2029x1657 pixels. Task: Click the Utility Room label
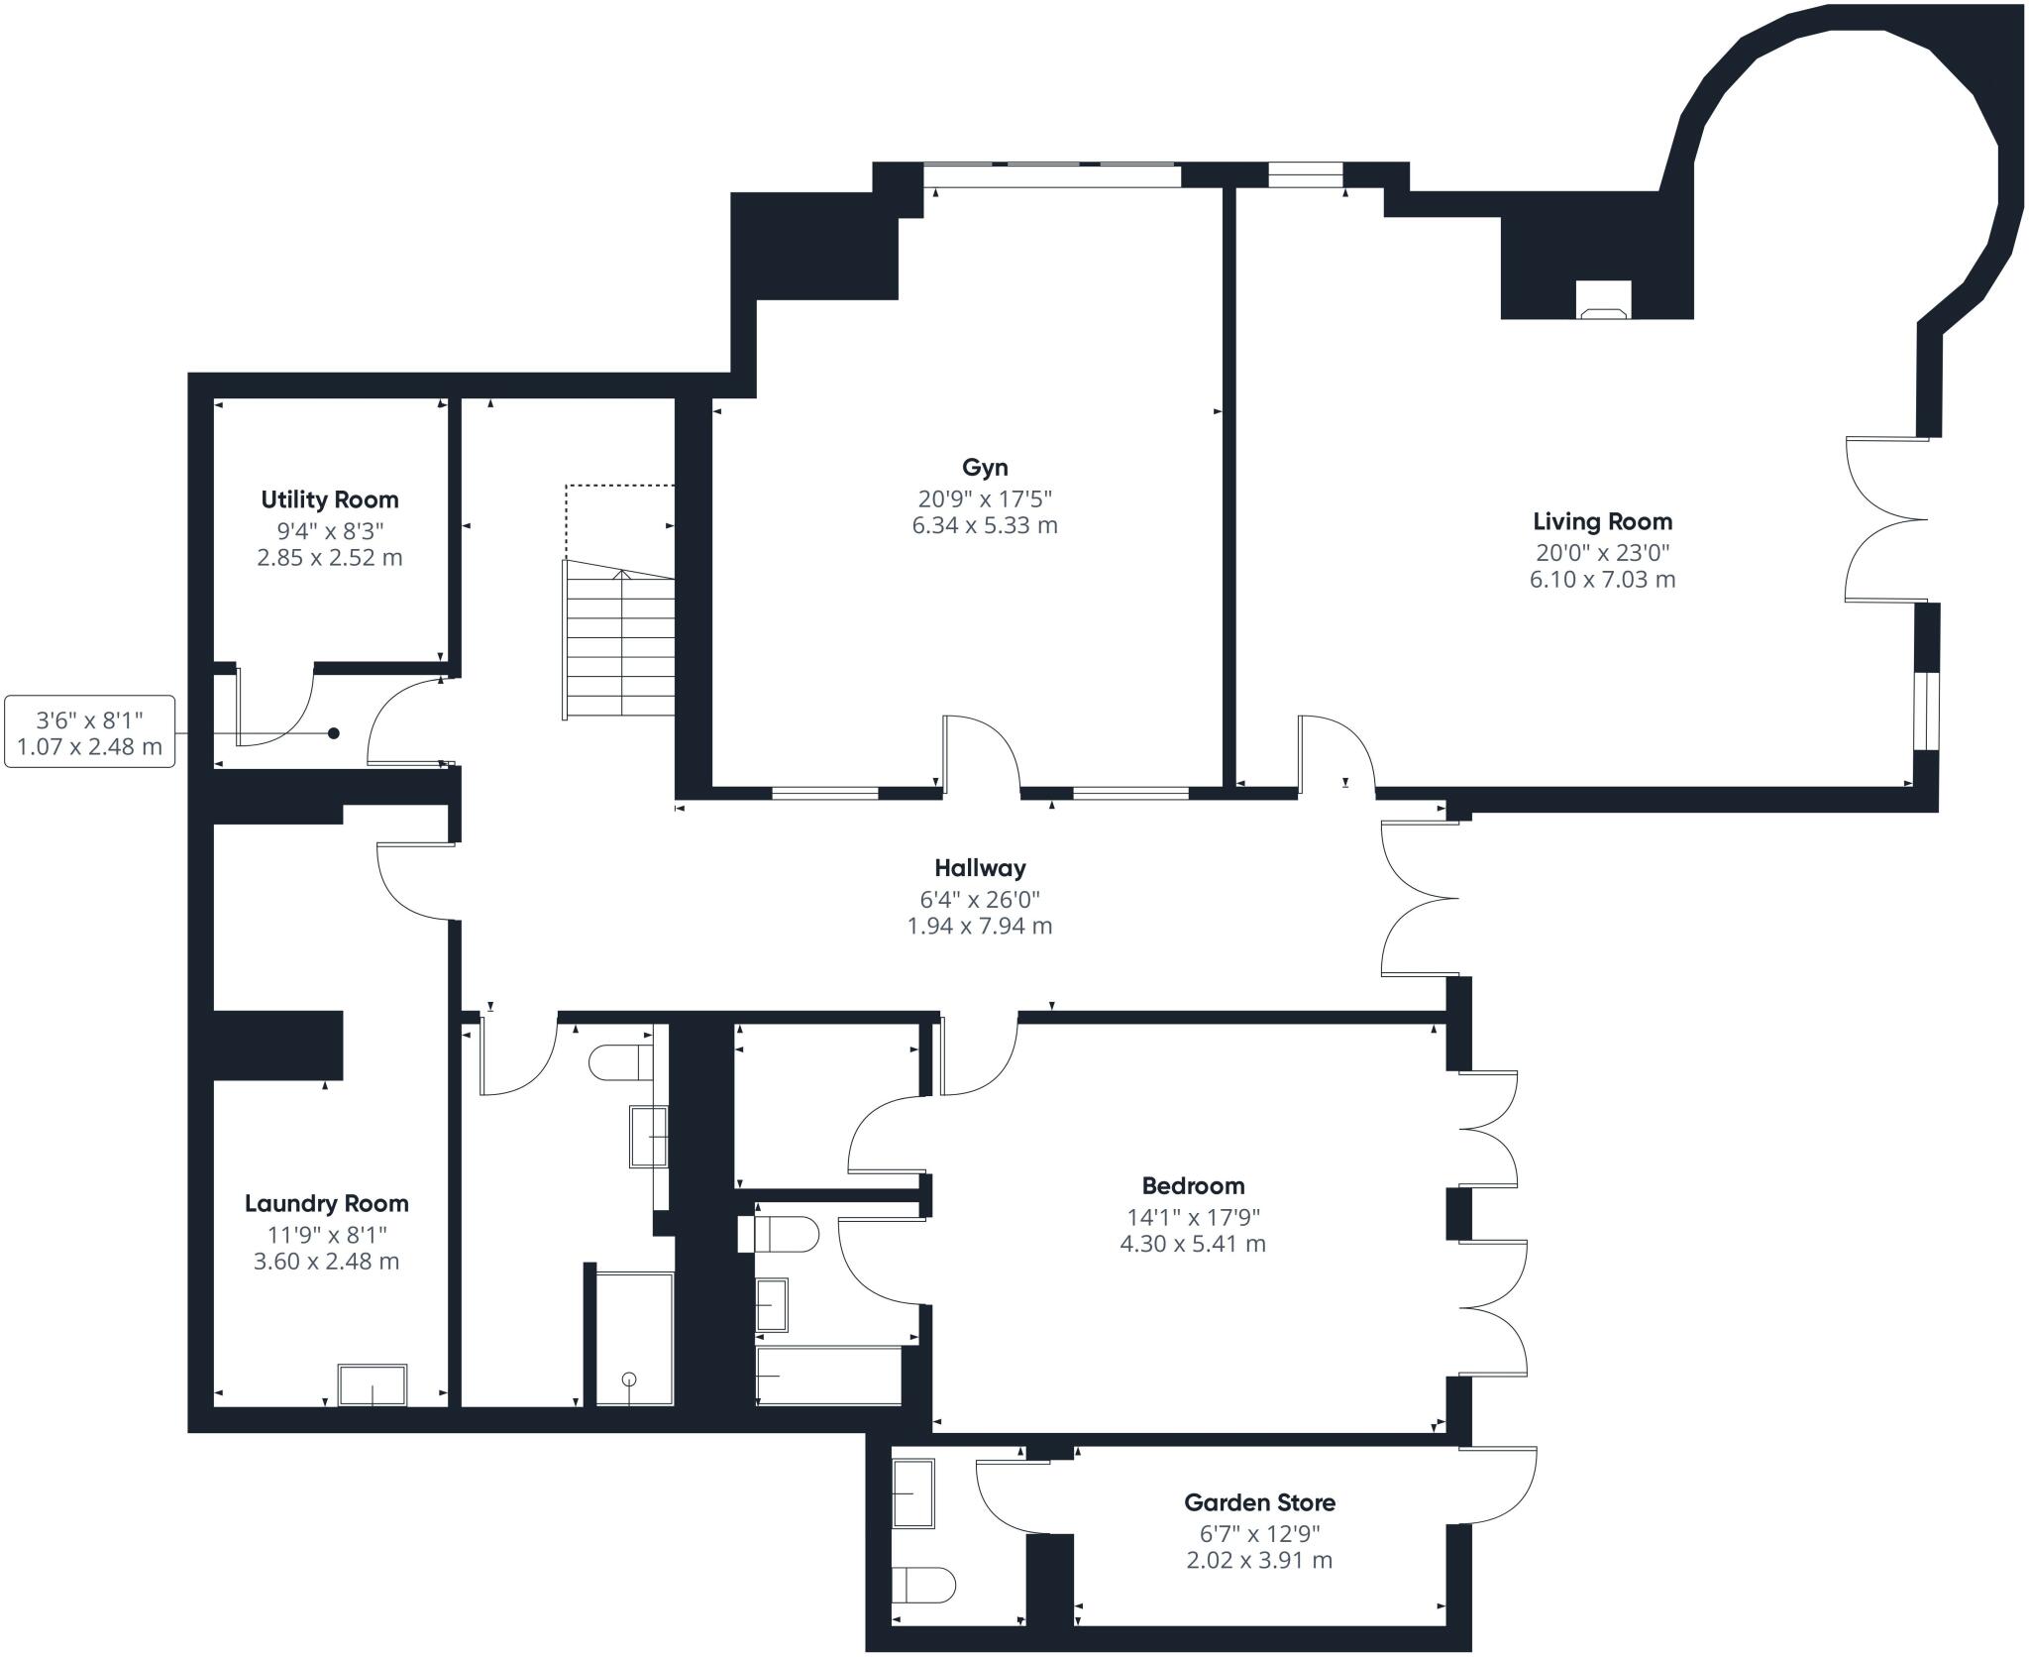[330, 499]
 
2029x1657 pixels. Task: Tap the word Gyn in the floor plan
[985, 468]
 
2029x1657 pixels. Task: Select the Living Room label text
[1602, 521]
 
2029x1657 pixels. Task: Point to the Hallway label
[980, 869]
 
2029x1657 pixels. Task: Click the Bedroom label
[1193, 1186]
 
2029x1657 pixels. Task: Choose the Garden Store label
[1259, 1503]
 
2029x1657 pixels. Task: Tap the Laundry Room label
[327, 1204]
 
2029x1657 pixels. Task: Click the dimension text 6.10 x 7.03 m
[1602, 580]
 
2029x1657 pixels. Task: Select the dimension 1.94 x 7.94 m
[980, 927]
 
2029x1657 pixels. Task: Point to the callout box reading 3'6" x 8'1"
[90, 731]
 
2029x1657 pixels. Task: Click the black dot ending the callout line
[334, 733]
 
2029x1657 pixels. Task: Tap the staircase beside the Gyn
[619, 639]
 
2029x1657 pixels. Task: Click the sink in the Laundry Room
[373, 1384]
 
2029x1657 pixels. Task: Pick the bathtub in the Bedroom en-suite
[828, 1375]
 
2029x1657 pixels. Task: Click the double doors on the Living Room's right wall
[1887, 519]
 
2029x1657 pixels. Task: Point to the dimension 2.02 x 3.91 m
[1259, 1561]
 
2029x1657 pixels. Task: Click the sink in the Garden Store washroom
[913, 1493]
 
